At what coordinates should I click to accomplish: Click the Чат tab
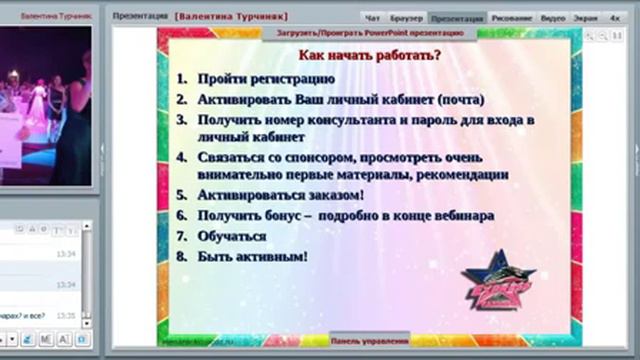[x=372, y=18]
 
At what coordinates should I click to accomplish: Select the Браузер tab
[x=405, y=18]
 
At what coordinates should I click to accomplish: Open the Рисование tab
[x=511, y=18]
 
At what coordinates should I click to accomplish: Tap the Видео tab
[x=553, y=18]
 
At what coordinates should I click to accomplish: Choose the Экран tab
[x=586, y=18]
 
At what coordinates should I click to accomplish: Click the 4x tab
[x=615, y=18]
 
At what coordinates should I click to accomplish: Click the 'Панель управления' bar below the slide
[x=369, y=340]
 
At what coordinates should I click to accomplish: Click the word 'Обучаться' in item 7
[x=232, y=236]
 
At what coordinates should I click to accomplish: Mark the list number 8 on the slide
[x=181, y=257]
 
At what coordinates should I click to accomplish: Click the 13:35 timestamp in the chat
[x=66, y=315]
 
